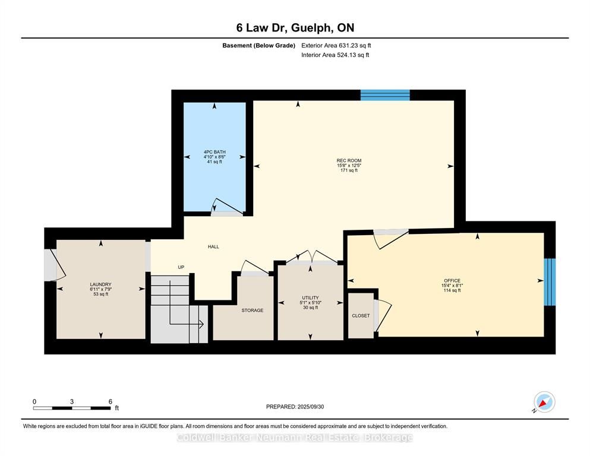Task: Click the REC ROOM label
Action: pos(349,160)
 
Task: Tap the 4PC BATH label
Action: pos(214,152)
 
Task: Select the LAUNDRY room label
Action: pos(100,284)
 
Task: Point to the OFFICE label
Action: pos(452,281)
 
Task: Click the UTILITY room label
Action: pos(310,297)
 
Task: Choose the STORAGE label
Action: pos(253,311)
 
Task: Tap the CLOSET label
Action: pos(361,316)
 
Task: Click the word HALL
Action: pos(213,246)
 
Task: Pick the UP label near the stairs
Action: pos(181,267)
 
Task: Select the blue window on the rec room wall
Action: pos(385,95)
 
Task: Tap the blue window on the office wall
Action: pos(550,281)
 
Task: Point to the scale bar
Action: pos(72,408)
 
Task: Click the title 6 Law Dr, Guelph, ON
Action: pos(295,28)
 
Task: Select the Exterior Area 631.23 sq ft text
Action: pos(336,46)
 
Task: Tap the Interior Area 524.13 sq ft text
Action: pos(335,55)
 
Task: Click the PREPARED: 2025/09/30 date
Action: pos(295,407)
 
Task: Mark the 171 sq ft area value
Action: pos(349,170)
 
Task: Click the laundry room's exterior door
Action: pos(55,265)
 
